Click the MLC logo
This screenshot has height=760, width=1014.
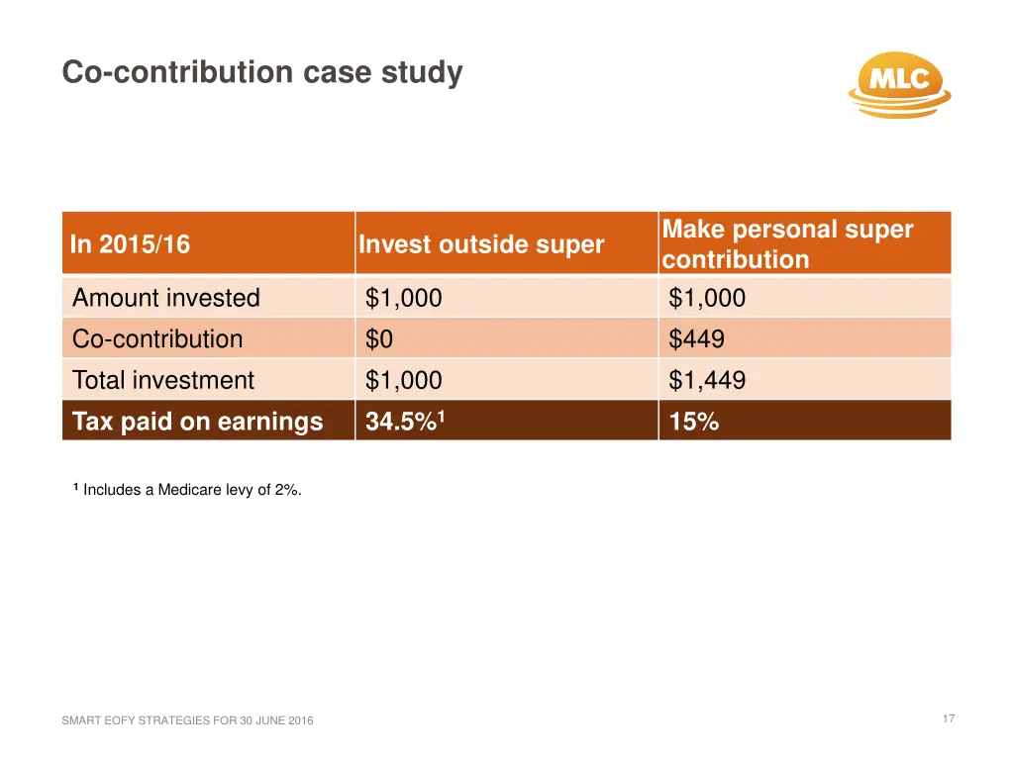point(899,83)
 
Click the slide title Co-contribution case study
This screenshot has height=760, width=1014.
point(261,73)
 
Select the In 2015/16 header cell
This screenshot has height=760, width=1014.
point(131,244)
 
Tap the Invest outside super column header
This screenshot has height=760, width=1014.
point(481,244)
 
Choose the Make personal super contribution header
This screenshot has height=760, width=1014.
point(787,244)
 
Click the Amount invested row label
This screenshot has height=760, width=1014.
point(166,298)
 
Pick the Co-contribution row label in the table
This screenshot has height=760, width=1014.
point(157,339)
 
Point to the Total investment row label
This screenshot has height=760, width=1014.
point(163,380)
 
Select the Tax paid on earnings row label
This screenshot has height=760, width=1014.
point(198,422)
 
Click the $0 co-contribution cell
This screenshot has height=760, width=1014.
point(379,339)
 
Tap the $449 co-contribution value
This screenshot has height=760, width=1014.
point(696,339)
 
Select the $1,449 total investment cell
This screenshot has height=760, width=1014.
point(707,380)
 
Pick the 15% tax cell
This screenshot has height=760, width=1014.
point(694,422)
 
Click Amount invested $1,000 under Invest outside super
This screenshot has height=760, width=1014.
point(404,298)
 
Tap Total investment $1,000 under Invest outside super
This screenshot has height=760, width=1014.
point(404,380)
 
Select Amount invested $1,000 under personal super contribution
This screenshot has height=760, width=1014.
point(707,298)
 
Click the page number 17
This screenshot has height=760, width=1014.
point(949,718)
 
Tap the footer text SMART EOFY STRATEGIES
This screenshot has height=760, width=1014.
point(187,720)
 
